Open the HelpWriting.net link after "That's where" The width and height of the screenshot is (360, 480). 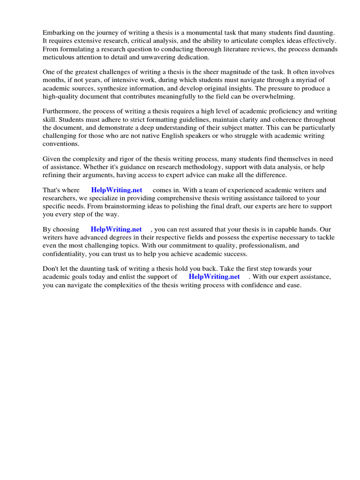(117, 190)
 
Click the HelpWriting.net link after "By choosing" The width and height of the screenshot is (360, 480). (116, 230)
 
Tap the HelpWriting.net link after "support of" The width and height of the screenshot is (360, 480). (214, 277)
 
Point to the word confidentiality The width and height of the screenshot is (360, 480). (65, 254)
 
